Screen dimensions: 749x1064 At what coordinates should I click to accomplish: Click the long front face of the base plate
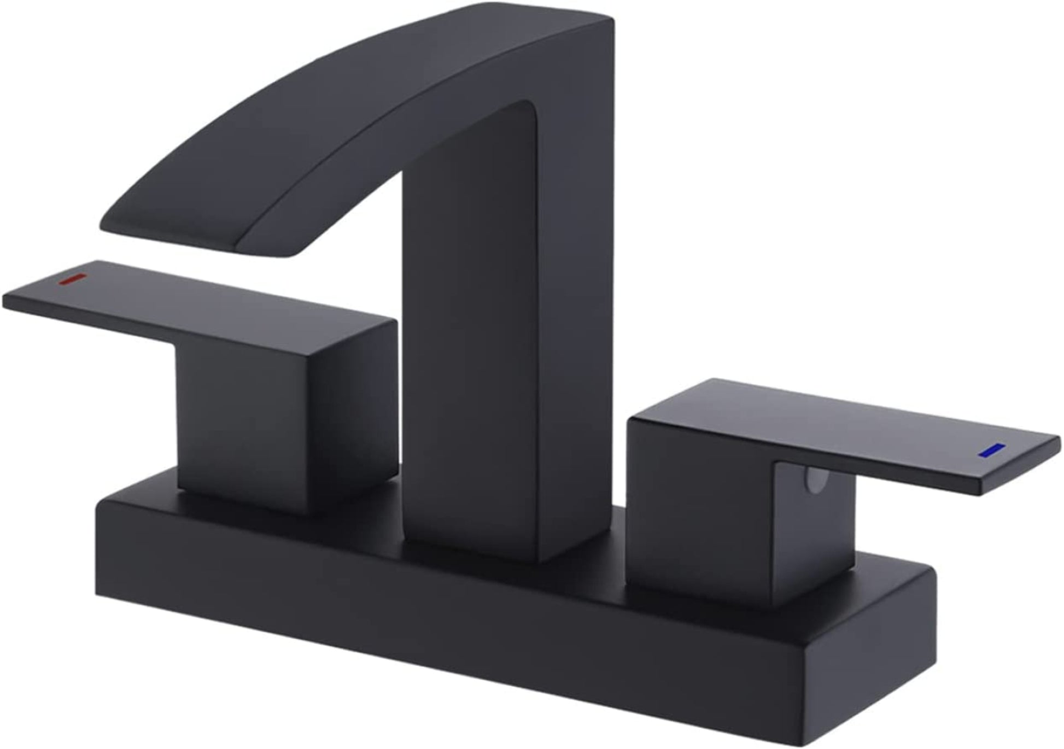[x=437, y=629]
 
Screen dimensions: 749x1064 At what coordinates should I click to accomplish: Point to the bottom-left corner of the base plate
[x=98, y=593]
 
